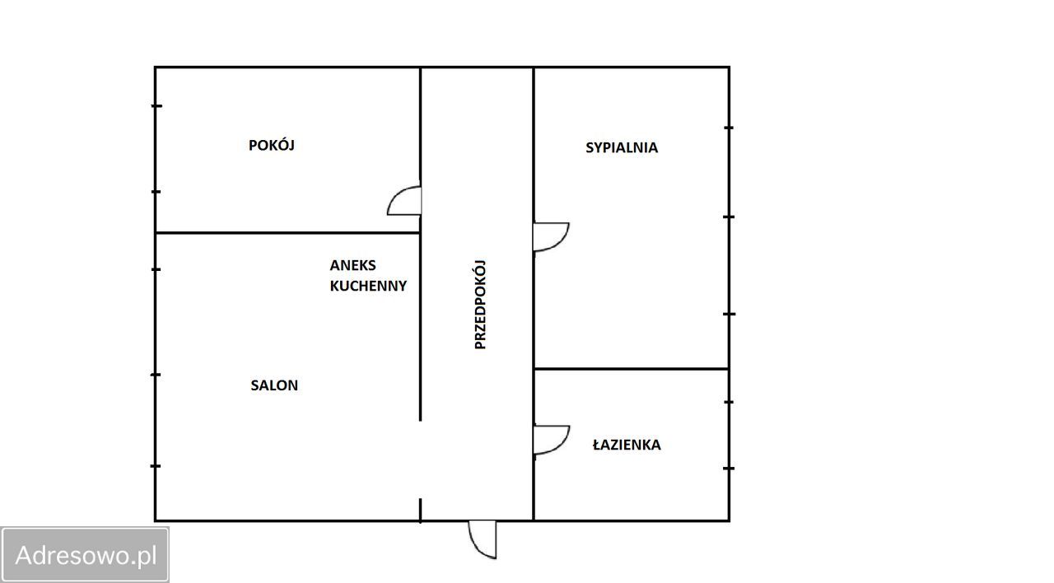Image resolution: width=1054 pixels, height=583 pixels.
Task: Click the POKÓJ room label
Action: coord(272,145)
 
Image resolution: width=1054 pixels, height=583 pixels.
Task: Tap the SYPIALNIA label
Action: coord(622,147)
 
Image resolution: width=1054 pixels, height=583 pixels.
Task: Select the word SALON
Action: coord(274,385)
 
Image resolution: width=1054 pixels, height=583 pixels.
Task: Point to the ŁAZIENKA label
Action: coord(627,444)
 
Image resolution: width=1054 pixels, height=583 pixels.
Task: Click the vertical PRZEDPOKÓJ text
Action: coord(480,305)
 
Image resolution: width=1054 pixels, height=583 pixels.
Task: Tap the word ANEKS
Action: coord(353,265)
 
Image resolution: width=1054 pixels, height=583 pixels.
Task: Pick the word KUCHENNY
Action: coord(368,286)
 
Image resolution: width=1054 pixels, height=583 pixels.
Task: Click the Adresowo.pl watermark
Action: coord(86,555)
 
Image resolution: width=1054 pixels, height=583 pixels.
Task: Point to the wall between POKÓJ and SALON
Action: coord(288,232)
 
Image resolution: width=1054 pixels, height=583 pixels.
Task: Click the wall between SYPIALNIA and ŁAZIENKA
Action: coord(632,368)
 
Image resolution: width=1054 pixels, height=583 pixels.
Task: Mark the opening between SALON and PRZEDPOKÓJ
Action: coord(420,459)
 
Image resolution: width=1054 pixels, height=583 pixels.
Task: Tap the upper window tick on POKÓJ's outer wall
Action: coord(156,106)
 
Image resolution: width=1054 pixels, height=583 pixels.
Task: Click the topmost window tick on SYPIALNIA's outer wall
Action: coord(729,128)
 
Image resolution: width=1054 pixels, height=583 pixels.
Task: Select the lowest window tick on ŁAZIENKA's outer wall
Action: coord(729,469)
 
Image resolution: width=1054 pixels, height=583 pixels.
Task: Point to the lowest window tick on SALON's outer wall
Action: coord(156,466)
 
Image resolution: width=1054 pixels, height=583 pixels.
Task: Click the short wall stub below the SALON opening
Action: coord(420,510)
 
